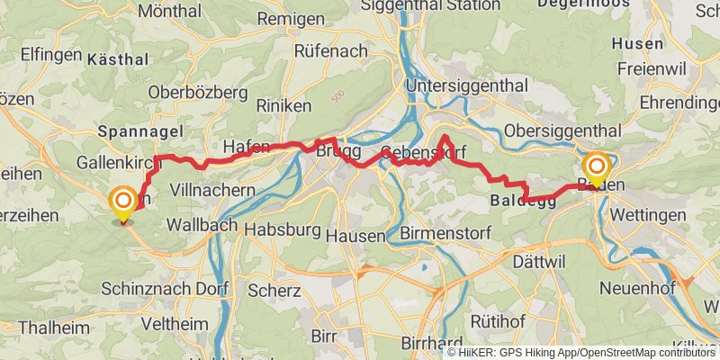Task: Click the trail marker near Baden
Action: [596, 168]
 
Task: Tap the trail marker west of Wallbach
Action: [122, 202]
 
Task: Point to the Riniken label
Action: [283, 106]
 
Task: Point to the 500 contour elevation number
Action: [337, 94]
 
